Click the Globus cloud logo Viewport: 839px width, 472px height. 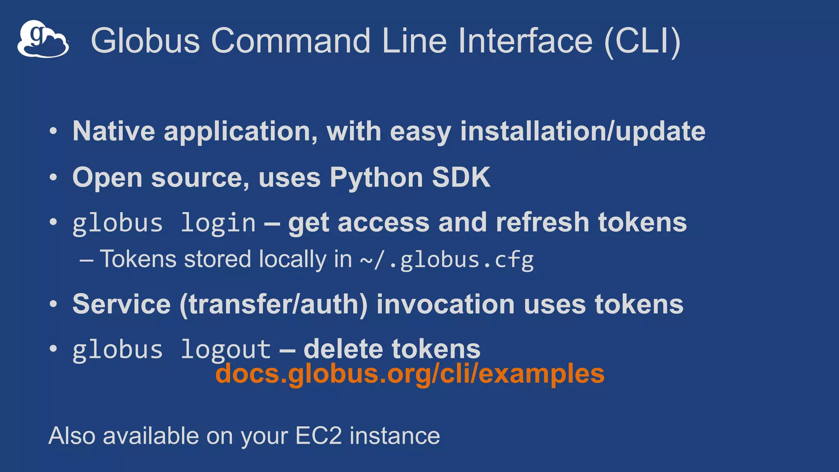(x=43, y=39)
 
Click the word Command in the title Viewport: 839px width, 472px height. (x=290, y=41)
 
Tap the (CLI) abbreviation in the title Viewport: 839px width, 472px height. (x=642, y=41)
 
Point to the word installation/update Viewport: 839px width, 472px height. (x=583, y=132)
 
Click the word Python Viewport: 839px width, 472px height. (x=376, y=178)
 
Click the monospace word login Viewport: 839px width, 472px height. (x=218, y=223)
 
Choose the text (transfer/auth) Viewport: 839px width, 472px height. (x=273, y=304)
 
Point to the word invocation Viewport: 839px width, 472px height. (x=445, y=304)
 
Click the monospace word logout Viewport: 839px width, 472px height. (x=226, y=350)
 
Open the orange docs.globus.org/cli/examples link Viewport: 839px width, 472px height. (x=410, y=374)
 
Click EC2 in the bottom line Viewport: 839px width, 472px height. (x=318, y=436)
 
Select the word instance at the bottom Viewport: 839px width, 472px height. (x=395, y=436)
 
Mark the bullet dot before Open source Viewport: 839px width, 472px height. (x=53, y=178)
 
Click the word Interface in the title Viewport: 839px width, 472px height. (x=525, y=41)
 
